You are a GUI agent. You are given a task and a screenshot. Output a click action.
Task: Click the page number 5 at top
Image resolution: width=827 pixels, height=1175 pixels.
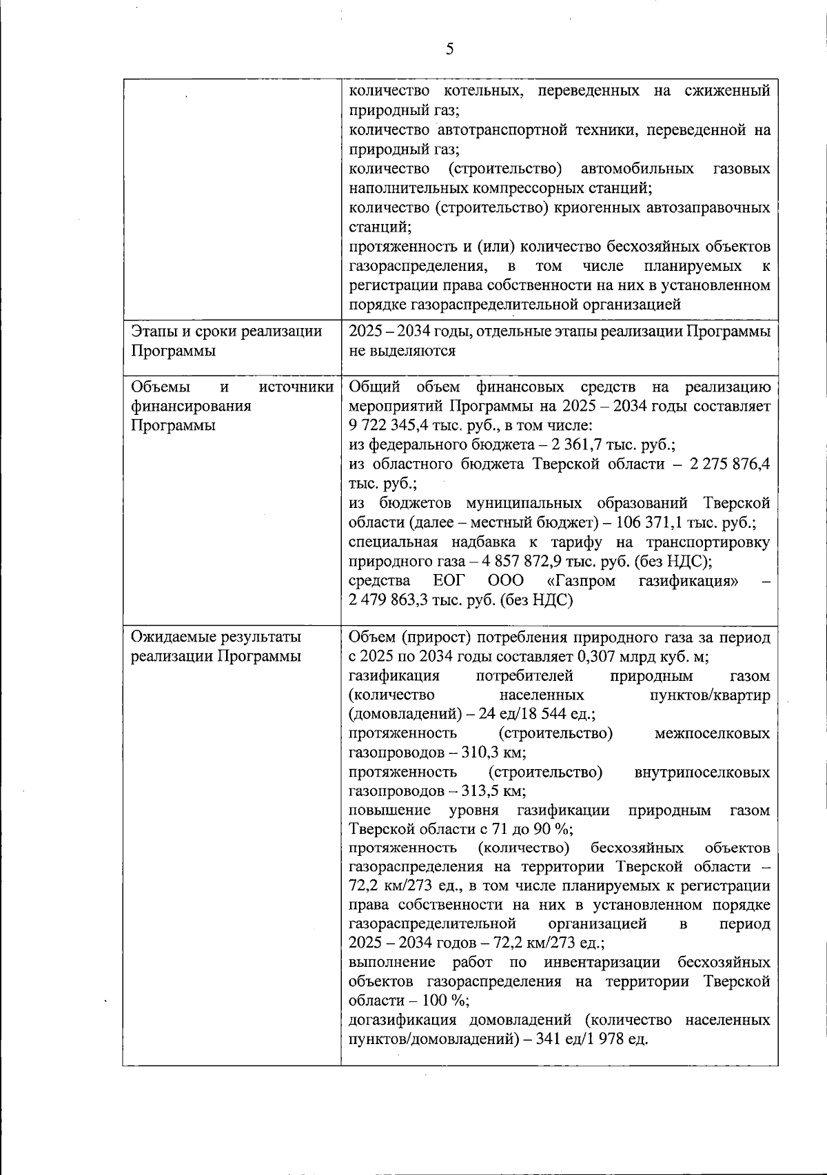[449, 49]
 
